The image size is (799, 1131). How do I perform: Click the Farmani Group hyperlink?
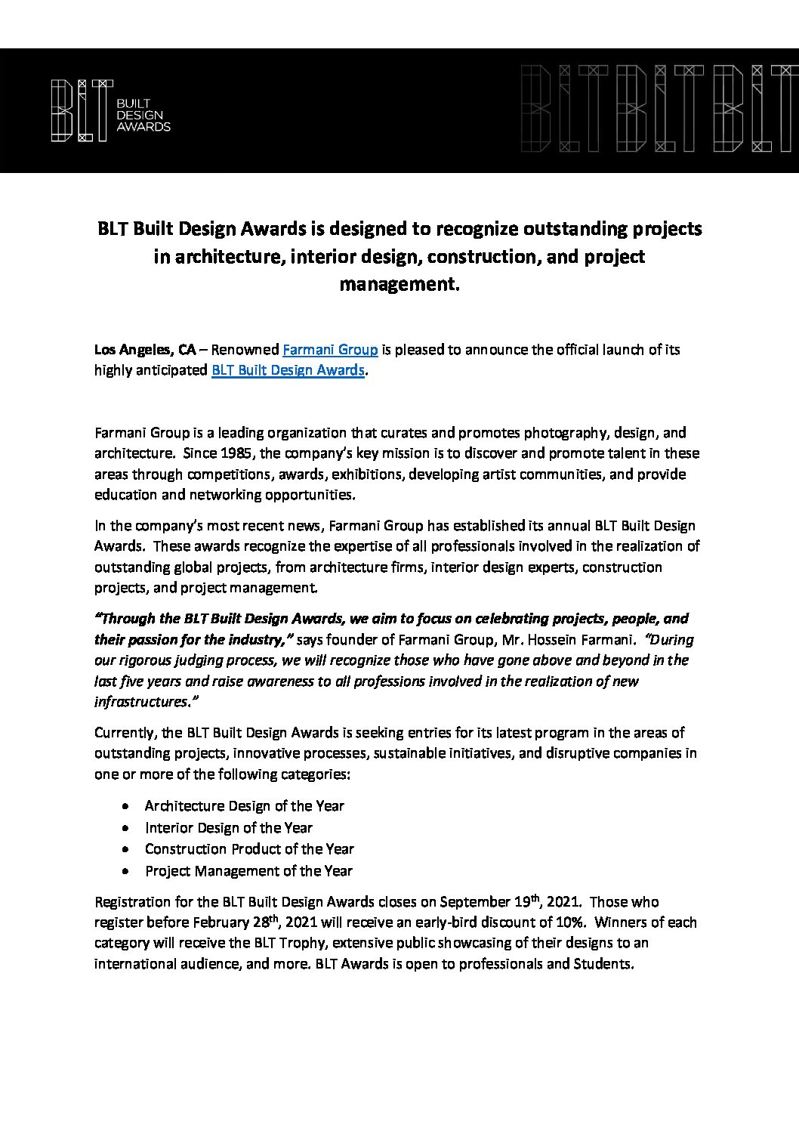pyautogui.click(x=329, y=350)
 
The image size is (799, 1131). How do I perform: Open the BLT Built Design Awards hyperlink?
pyautogui.click(x=288, y=370)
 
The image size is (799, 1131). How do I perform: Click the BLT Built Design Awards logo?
pyautogui.click(x=110, y=110)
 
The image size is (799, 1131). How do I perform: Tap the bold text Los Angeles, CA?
pyautogui.click(x=145, y=350)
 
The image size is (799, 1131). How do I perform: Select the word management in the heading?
pyautogui.click(x=399, y=285)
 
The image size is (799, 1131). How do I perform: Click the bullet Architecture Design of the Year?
pyautogui.click(x=244, y=805)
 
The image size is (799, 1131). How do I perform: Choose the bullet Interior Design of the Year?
pyautogui.click(x=228, y=827)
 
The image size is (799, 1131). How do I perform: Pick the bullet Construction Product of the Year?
pyautogui.click(x=249, y=848)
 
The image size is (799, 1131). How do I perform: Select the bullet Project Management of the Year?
pyautogui.click(x=248, y=870)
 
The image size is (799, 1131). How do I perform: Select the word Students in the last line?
pyautogui.click(x=602, y=964)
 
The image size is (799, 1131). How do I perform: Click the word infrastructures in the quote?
pyautogui.click(x=140, y=701)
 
